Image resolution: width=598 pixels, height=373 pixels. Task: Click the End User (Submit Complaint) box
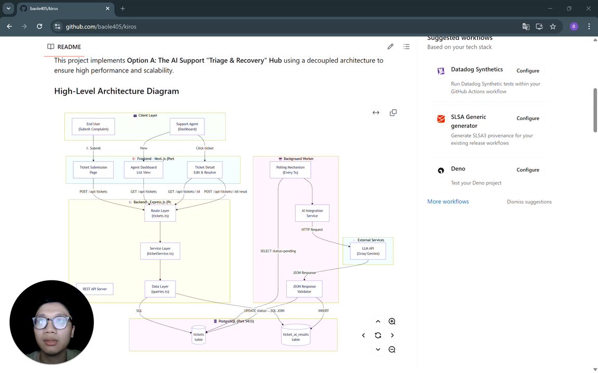coord(93,126)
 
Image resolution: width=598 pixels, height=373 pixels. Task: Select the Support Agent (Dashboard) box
coord(187,126)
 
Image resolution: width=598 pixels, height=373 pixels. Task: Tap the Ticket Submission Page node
coord(93,170)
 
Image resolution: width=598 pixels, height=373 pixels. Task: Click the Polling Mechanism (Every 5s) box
coord(291,170)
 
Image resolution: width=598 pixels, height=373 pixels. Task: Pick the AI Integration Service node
coord(312,213)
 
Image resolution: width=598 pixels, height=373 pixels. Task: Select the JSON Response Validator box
coord(304,289)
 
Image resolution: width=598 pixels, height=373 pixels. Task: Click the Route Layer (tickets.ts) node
coord(160,213)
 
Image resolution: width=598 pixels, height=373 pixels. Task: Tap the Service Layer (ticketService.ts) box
coord(160,251)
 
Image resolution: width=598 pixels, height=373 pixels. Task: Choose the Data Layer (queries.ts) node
coord(160,289)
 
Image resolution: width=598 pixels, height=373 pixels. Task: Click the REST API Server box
coord(94,289)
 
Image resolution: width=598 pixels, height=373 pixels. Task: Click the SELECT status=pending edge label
coord(278,251)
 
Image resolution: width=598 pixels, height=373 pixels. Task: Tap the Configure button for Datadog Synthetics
coord(527,70)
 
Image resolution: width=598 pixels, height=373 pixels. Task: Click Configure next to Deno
coord(527,170)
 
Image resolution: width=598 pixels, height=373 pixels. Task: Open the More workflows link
coord(448,202)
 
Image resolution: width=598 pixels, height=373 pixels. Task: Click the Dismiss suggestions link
coord(529,202)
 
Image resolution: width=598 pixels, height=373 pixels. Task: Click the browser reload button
coord(39,26)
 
